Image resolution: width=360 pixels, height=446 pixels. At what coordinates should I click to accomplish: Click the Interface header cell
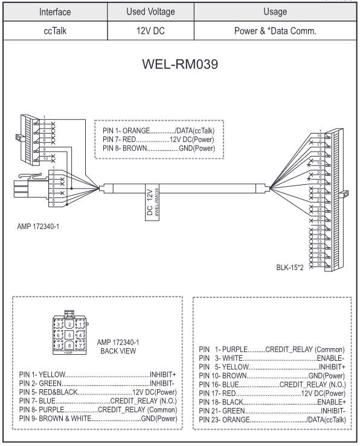tap(56, 11)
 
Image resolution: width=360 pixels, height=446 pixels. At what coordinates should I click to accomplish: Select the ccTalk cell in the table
tap(56, 34)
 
